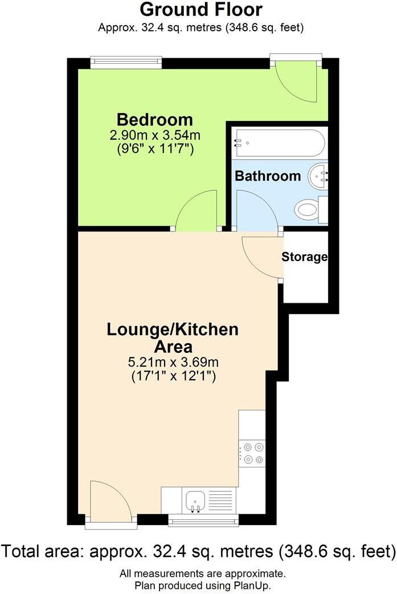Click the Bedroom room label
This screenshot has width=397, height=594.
click(154, 120)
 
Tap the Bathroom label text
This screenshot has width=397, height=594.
click(268, 176)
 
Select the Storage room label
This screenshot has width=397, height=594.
click(305, 257)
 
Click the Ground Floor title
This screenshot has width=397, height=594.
click(201, 10)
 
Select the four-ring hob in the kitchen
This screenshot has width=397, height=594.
click(252, 453)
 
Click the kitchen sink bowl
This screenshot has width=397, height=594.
click(195, 500)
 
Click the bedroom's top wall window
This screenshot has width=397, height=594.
click(126, 62)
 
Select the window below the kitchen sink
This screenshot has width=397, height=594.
click(203, 520)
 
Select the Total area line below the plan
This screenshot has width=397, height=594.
click(198, 552)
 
